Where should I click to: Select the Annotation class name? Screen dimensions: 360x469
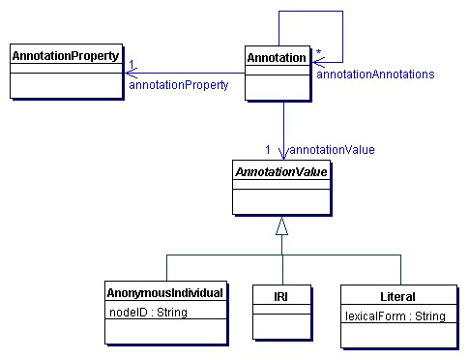(x=278, y=58)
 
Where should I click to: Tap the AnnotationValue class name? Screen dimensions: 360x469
(x=281, y=171)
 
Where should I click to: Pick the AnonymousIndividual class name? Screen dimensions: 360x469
(x=165, y=292)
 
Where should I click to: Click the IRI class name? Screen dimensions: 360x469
(x=281, y=292)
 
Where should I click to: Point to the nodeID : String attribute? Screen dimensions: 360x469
(x=146, y=312)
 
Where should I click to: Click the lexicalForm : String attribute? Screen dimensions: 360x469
(x=395, y=315)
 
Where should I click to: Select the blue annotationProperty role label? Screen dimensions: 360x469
(x=178, y=85)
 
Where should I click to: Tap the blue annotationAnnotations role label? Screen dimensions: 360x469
(x=375, y=74)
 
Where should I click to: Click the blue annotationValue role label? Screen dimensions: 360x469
(x=332, y=149)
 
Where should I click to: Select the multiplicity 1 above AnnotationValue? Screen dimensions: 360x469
(x=268, y=149)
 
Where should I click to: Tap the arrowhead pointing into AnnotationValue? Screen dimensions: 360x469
(x=282, y=154)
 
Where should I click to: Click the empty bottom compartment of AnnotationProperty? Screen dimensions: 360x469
(x=65, y=85)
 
